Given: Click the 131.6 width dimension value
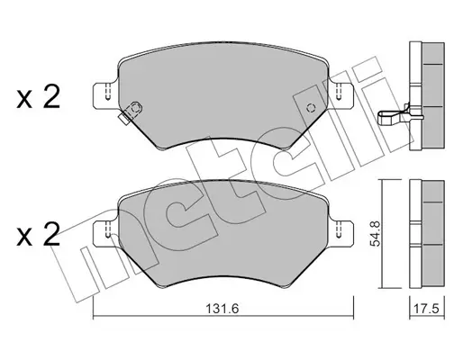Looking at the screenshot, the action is tap(222, 308).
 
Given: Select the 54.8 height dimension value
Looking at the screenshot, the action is tap(375, 234).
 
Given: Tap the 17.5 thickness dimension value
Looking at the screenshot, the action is tap(427, 308).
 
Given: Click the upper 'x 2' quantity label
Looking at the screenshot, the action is tap(39, 97).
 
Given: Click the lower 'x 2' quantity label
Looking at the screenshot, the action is tap(39, 236).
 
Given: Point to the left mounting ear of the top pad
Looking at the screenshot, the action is tap(104, 94).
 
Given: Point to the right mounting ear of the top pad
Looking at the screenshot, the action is tap(341, 94).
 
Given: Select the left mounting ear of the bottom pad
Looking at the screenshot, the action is tap(104, 233).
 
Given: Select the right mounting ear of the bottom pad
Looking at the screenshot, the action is tap(341, 233).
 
